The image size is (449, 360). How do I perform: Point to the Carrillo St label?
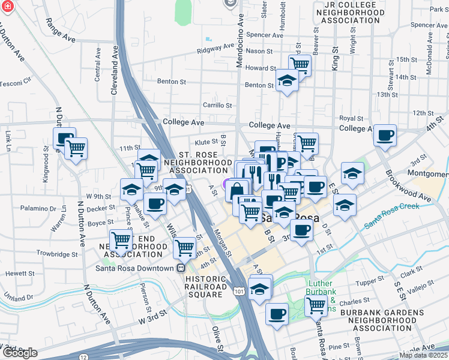point(217,105)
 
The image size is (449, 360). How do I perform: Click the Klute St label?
point(205,142)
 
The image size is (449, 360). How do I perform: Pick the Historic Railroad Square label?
point(206,283)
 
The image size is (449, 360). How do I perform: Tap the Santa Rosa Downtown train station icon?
point(179,268)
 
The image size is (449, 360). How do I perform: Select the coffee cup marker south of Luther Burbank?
point(277,313)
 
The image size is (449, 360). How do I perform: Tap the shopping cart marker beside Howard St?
point(300,64)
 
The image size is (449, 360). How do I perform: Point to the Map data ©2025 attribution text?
point(424,355)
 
